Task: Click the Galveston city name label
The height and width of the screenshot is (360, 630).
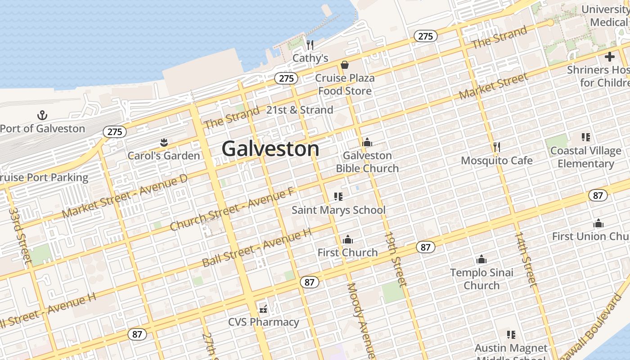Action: (270, 149)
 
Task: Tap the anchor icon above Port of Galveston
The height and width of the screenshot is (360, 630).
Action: (42, 115)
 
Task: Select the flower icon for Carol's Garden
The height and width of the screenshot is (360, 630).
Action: (164, 143)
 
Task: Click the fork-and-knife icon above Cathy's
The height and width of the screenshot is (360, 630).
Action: (310, 45)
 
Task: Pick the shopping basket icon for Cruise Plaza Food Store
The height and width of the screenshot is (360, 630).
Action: (345, 65)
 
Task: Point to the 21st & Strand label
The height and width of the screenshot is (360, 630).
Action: (300, 110)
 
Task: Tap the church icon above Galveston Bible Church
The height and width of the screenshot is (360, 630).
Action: (367, 143)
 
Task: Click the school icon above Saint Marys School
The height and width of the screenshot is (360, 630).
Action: (338, 197)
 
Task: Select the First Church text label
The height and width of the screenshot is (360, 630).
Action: (347, 252)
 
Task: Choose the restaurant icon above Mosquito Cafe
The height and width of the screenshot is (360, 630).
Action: (497, 147)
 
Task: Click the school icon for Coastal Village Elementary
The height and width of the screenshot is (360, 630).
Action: (585, 137)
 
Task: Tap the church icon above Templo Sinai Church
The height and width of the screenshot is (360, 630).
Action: (481, 260)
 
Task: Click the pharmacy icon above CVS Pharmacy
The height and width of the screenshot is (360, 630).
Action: (263, 309)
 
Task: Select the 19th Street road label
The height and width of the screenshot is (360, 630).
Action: (395, 259)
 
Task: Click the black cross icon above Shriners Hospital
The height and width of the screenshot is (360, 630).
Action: (610, 57)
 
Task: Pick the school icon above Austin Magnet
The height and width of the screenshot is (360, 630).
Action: (511, 335)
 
